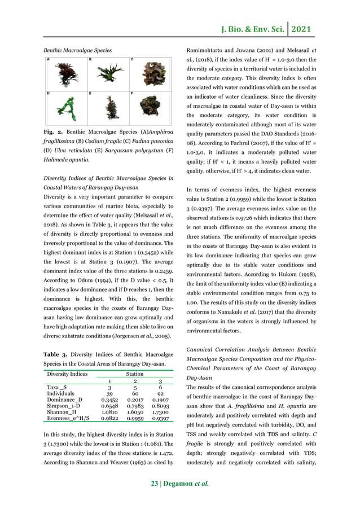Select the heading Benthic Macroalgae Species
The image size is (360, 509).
pyautogui.click(x=77, y=50)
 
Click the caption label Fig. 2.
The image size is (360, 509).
pyautogui.click(x=53, y=131)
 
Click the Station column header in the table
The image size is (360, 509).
pyautogui.click(x=135, y=374)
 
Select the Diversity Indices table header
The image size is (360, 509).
pyautogui.click(x=67, y=374)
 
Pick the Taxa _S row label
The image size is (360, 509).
pyautogui.click(x=56, y=388)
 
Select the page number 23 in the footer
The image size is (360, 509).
pyautogui.click(x=155, y=483)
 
